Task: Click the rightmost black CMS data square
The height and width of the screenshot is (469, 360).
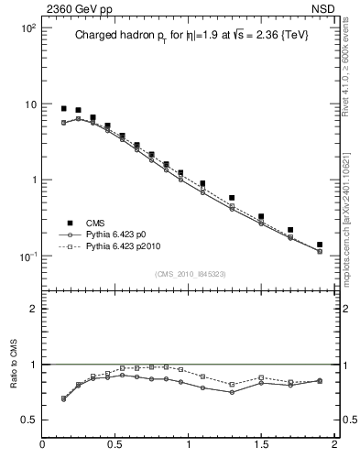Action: pyautogui.click(x=320, y=245)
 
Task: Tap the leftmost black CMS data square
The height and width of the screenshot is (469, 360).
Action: pyautogui.click(x=63, y=108)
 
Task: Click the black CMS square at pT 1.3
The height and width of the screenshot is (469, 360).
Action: pyautogui.click(x=232, y=198)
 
